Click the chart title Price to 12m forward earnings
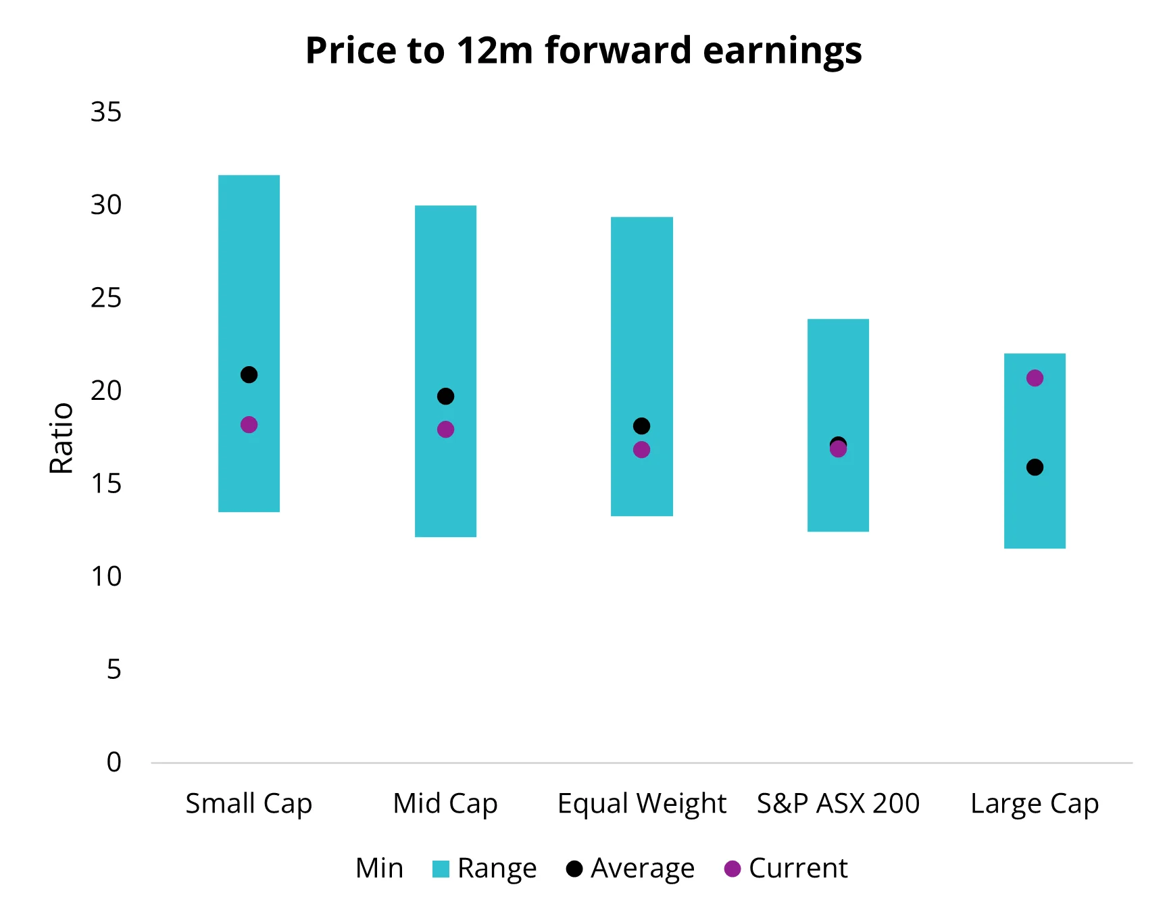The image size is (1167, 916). point(583,51)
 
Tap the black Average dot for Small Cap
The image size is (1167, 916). point(249,374)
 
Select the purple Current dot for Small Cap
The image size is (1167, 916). point(249,425)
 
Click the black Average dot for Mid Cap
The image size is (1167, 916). point(445,396)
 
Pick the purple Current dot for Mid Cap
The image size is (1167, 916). point(445,430)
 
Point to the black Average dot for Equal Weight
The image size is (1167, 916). point(641,426)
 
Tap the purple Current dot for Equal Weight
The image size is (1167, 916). point(641,450)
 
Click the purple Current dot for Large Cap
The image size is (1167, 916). point(1035,378)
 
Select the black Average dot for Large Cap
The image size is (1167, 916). point(1035,467)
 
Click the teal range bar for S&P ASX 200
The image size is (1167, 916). point(838,378)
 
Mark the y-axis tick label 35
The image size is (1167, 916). point(106,112)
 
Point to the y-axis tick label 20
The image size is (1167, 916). point(106,390)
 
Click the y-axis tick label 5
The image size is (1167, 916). point(114,669)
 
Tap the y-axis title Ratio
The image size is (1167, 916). point(61,438)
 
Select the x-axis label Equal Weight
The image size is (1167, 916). point(641,803)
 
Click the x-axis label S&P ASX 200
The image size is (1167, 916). point(838,803)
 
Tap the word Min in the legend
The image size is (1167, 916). point(379,868)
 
